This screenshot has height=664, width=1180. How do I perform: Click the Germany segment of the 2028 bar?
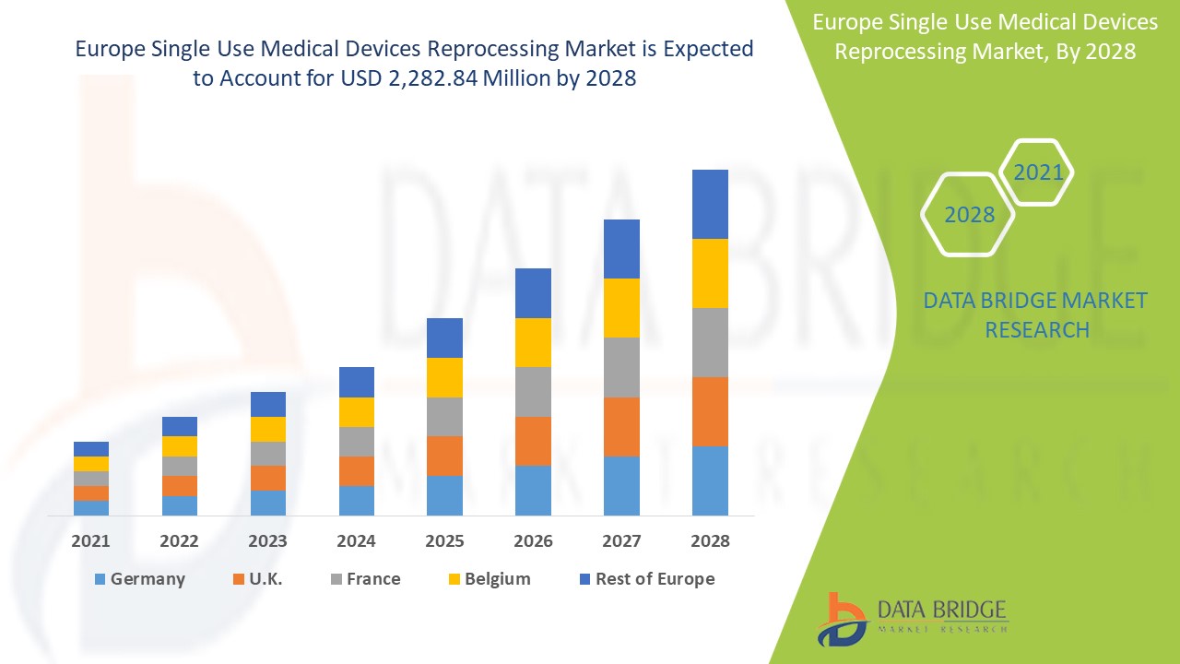click(710, 480)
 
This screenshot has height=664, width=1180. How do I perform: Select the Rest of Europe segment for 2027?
click(621, 249)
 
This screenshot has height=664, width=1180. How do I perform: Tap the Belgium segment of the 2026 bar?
click(533, 342)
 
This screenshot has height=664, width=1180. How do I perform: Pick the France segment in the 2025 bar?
click(444, 417)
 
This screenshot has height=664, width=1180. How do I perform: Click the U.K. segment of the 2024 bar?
click(357, 471)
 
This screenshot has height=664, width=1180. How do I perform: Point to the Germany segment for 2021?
click(91, 507)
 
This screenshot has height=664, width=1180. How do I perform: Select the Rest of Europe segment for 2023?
click(268, 404)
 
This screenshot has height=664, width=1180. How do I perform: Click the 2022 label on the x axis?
click(180, 541)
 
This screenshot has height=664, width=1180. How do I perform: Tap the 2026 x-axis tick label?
click(533, 541)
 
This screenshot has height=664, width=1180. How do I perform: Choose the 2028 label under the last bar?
click(710, 541)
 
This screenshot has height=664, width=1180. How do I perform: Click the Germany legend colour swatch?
click(100, 579)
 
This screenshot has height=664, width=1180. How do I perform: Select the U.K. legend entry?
click(266, 579)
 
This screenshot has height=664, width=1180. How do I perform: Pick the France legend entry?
click(372, 579)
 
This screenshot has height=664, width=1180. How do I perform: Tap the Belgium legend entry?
click(497, 579)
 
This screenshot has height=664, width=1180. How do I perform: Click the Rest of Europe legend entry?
click(654, 579)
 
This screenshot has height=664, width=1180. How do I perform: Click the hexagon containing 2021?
click(1037, 172)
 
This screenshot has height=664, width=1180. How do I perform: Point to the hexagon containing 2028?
click(969, 215)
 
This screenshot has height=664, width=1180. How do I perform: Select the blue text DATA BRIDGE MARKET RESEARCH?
click(1036, 314)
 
